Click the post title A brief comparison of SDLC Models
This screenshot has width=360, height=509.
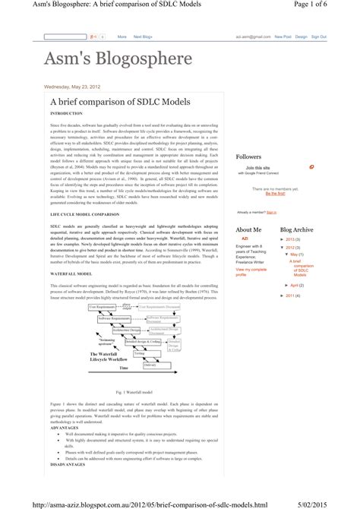click(x=110, y=102)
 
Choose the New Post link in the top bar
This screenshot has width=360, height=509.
click(x=283, y=36)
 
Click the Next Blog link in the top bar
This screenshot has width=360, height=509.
click(x=144, y=36)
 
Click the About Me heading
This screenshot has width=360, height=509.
click(x=248, y=229)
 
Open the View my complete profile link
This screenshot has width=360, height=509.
click(x=251, y=272)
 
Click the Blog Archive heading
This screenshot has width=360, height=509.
click(x=296, y=229)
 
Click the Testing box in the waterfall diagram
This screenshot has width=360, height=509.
click(x=140, y=353)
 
